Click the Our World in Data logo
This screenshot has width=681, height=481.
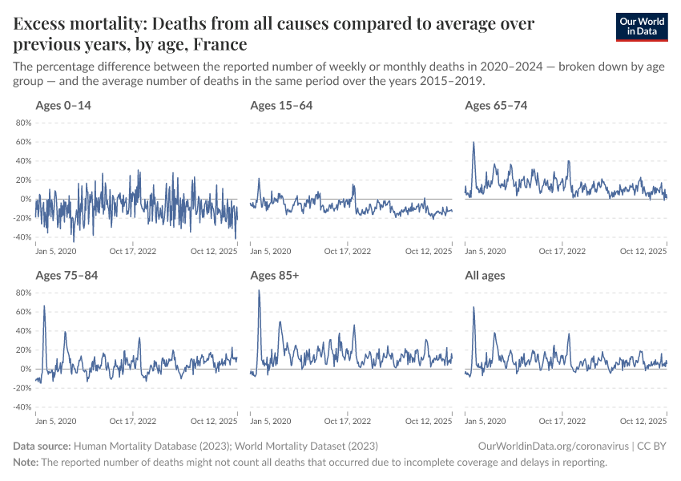pyautogui.click(x=641, y=26)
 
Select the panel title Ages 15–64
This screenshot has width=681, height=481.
pyautogui.click(x=281, y=106)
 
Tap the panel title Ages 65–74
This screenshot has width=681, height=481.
pyautogui.click(x=496, y=106)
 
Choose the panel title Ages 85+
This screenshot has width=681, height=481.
pyautogui.click(x=274, y=276)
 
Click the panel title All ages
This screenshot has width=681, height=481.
pyautogui.click(x=485, y=276)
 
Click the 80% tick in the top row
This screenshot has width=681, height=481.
pyautogui.click(x=22, y=123)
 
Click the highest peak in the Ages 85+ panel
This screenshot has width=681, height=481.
pyautogui.click(x=259, y=290)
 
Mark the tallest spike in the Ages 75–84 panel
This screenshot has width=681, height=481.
pyautogui.click(x=44, y=305)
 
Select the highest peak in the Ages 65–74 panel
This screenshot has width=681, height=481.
pyautogui.click(x=473, y=143)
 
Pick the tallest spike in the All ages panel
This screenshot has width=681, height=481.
pyautogui.click(x=473, y=307)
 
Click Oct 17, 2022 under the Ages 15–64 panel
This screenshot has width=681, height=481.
pyautogui.click(x=347, y=250)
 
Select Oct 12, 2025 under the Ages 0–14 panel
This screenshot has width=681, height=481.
pyautogui.click(x=215, y=250)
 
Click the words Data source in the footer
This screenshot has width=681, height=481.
pyautogui.click(x=42, y=446)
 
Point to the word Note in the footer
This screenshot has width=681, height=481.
pyautogui.click(x=25, y=463)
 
